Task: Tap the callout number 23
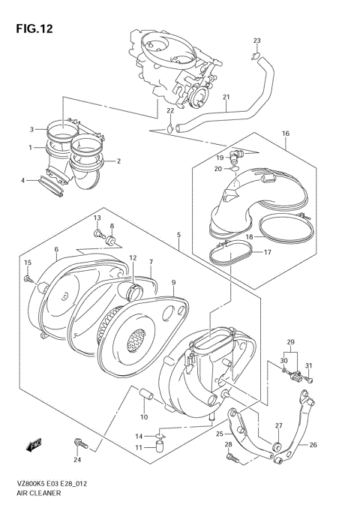(256, 41)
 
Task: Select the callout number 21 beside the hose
(227, 97)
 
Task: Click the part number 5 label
(178, 236)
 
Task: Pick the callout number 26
(313, 445)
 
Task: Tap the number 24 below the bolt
(77, 459)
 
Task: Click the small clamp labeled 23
(255, 54)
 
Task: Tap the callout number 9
(173, 282)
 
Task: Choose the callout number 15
(27, 262)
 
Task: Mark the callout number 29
(290, 342)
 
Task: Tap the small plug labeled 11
(160, 448)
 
